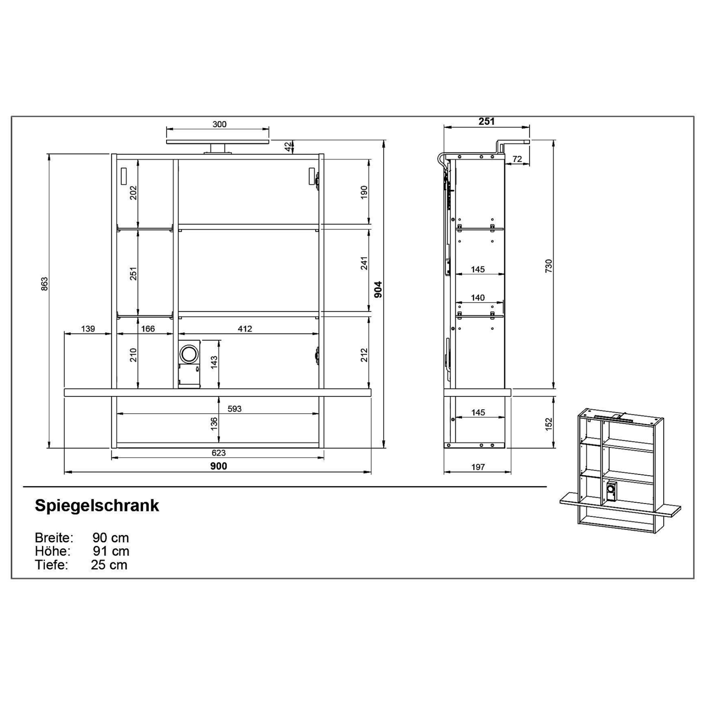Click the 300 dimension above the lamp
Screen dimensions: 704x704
[219, 124]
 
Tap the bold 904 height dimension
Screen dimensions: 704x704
[378, 289]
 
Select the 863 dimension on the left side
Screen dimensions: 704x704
[44, 284]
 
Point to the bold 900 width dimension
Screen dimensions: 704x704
[219, 466]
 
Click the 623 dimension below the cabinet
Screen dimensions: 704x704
[219, 453]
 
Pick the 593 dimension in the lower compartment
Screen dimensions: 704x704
[234, 409]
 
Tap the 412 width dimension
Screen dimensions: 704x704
[245, 329]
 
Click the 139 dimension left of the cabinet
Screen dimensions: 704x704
[88, 329]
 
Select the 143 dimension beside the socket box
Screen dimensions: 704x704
[214, 362]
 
